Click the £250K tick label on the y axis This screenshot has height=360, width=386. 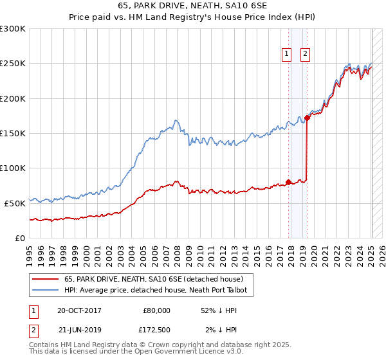(13, 64)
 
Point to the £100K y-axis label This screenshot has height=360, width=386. (13, 168)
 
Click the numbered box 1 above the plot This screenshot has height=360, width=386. (286, 55)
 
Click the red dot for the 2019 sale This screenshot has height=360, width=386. (307, 118)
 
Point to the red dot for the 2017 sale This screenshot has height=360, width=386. (288, 181)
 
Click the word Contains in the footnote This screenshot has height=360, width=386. (45, 345)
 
